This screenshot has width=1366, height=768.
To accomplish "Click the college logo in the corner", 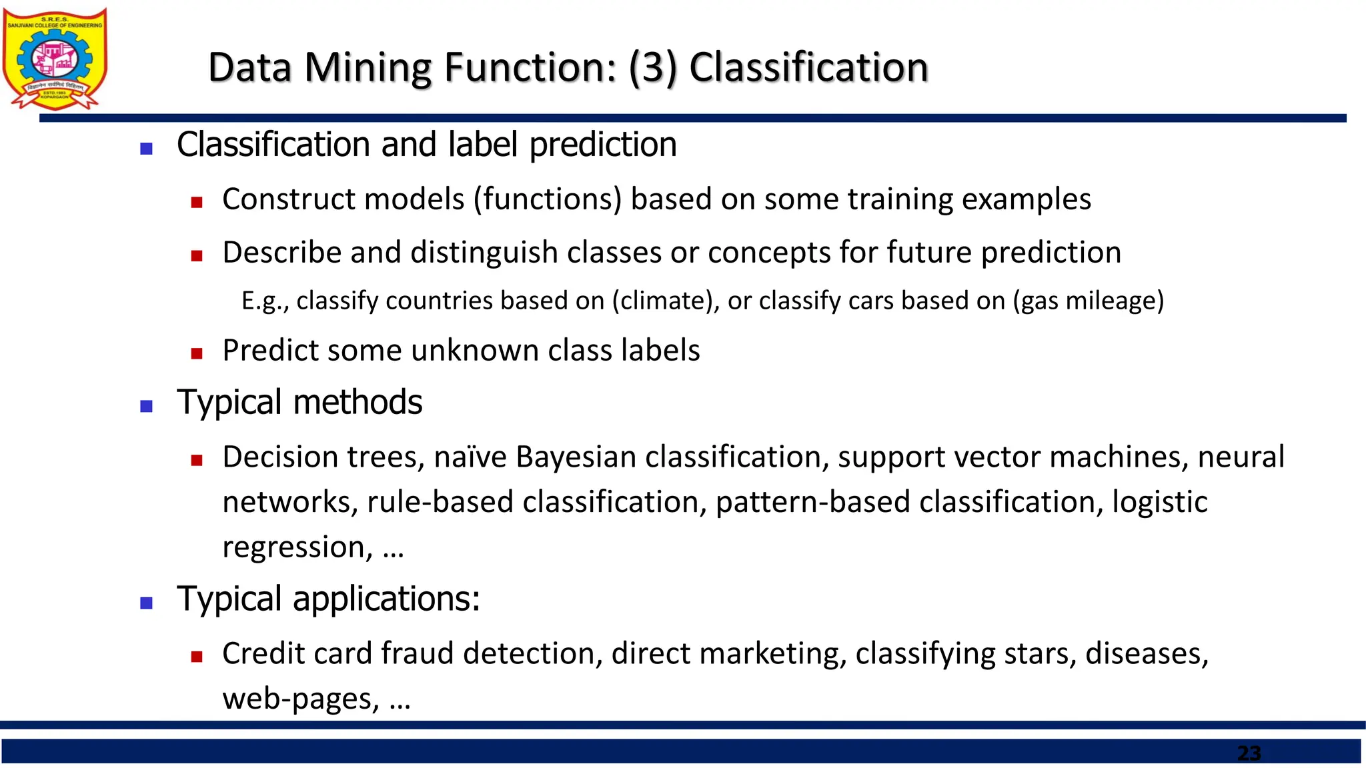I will pyautogui.click(x=55, y=59).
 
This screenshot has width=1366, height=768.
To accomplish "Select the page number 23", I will pyautogui.click(x=1249, y=753).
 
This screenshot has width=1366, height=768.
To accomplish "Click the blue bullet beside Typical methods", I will pyautogui.click(x=147, y=406).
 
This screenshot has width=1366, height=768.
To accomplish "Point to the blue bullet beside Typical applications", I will pyautogui.click(x=147, y=603).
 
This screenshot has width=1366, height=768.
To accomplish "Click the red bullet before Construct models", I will pyautogui.click(x=196, y=203).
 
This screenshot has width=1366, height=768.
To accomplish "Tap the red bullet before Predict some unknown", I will pyautogui.click(x=196, y=353).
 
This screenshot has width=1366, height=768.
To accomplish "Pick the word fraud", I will pyautogui.click(x=417, y=653).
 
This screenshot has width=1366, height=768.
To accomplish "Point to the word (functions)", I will pyautogui.click(x=548, y=199).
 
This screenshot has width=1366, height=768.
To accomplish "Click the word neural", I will pyautogui.click(x=1241, y=457).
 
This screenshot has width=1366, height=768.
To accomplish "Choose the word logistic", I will pyautogui.click(x=1159, y=502).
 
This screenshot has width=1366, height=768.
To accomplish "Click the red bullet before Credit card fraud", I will pyautogui.click(x=196, y=657).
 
